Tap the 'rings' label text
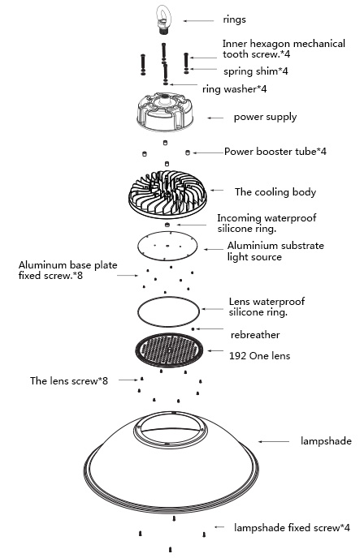point(234,19)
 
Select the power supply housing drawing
point(165,112)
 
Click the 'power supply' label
point(265,117)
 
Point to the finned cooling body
point(167,195)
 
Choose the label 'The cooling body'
point(275,192)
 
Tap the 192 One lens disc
point(169,350)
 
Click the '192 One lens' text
point(259,356)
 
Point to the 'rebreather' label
point(255,335)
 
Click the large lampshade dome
point(171,474)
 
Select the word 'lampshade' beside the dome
point(326,441)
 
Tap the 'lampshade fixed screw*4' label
point(292,527)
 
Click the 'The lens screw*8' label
point(69,380)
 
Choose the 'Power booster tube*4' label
point(275,152)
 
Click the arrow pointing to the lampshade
point(274,442)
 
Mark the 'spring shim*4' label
point(256,71)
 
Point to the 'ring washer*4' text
point(234,88)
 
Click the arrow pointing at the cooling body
point(217,191)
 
